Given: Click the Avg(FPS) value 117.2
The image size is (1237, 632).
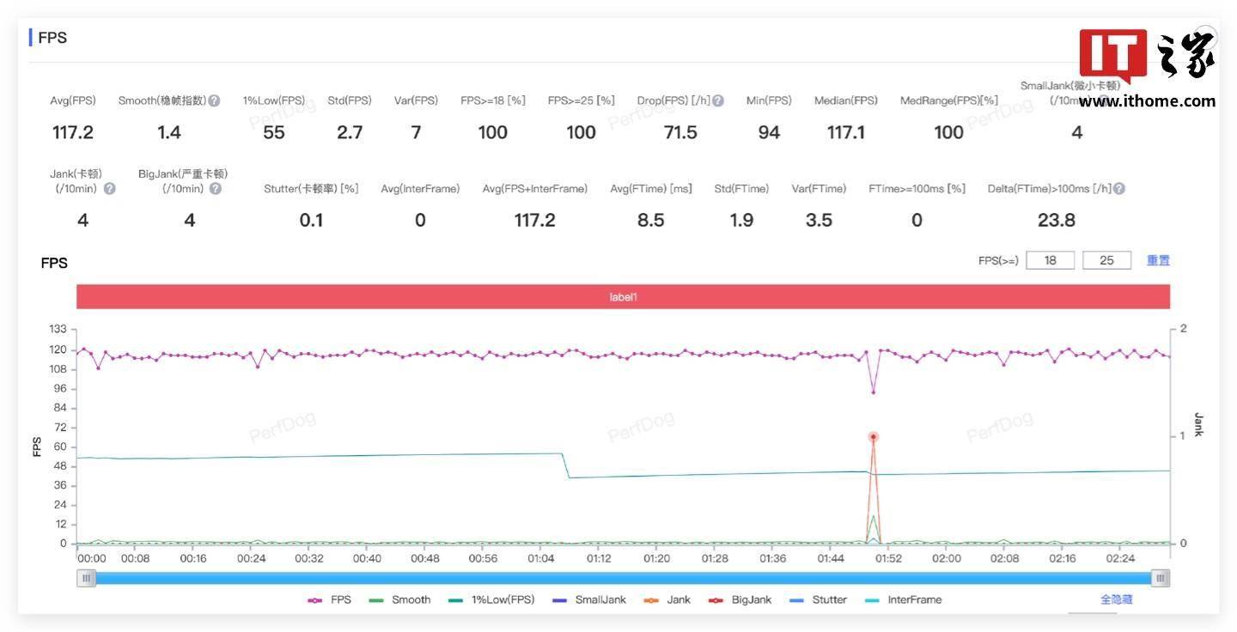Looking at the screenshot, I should [x=72, y=132].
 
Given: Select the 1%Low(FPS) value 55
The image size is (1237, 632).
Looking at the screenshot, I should [x=274, y=132].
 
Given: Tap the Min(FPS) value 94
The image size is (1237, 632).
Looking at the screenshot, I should [x=769, y=132].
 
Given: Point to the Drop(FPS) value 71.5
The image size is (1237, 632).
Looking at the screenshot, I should [x=680, y=132].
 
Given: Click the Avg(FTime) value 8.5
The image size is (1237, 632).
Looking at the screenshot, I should [x=650, y=221].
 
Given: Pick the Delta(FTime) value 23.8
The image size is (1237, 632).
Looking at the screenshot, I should [x=1056, y=221].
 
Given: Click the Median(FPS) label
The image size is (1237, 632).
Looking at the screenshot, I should [x=845, y=100].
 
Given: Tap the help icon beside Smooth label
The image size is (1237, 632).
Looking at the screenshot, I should [x=214, y=100].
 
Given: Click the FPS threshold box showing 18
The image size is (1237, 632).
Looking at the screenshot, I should [x=1050, y=260].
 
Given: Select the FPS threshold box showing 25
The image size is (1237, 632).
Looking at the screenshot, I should [x=1106, y=260].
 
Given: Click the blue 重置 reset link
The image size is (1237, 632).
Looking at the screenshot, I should [x=1158, y=260].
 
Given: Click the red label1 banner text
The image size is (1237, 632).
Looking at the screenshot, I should [x=624, y=297].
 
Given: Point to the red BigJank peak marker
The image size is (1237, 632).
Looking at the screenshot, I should [x=874, y=437].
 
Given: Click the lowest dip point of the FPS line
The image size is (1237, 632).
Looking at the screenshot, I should [x=874, y=392].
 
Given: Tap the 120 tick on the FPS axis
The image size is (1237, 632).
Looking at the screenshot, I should [x=57, y=349].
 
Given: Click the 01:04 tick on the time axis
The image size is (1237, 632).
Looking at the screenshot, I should [x=541, y=558].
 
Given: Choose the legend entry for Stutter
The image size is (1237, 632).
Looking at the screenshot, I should [x=829, y=599].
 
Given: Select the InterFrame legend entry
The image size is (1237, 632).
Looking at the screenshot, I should [x=914, y=599].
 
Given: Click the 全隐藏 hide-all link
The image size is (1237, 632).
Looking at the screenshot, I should [x=1116, y=599].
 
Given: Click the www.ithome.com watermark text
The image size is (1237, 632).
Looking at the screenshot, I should [x=1147, y=101].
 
